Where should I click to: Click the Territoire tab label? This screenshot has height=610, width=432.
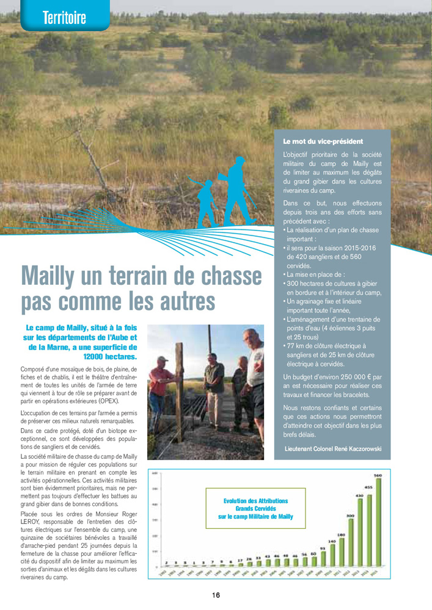(64, 18)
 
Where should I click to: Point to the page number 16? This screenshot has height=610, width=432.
(216, 595)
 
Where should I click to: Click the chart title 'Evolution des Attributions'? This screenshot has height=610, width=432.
(255, 500)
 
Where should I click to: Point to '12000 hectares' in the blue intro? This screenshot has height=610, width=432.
(111, 356)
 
